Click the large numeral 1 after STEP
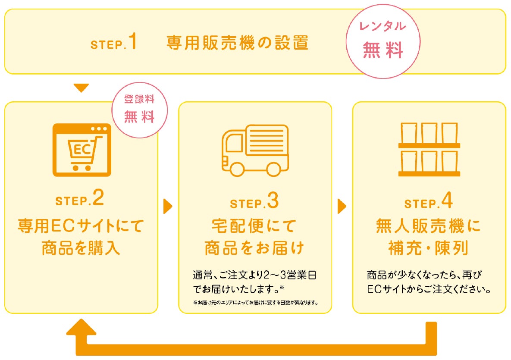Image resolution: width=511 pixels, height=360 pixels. (132, 43)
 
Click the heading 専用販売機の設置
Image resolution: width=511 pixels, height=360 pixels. (237, 43)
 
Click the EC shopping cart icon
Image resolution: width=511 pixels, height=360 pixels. (82, 150)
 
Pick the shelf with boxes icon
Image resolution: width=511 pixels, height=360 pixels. (429, 150)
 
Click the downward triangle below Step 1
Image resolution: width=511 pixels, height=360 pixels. (81, 88)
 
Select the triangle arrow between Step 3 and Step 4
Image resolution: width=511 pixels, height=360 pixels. (342, 207)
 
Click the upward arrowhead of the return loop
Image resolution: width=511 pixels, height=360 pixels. (82, 327)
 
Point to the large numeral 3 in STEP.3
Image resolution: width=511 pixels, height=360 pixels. (273, 201)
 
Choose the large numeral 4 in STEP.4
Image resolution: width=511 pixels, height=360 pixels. (447, 201)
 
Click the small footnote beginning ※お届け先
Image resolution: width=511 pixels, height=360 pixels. (256, 302)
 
